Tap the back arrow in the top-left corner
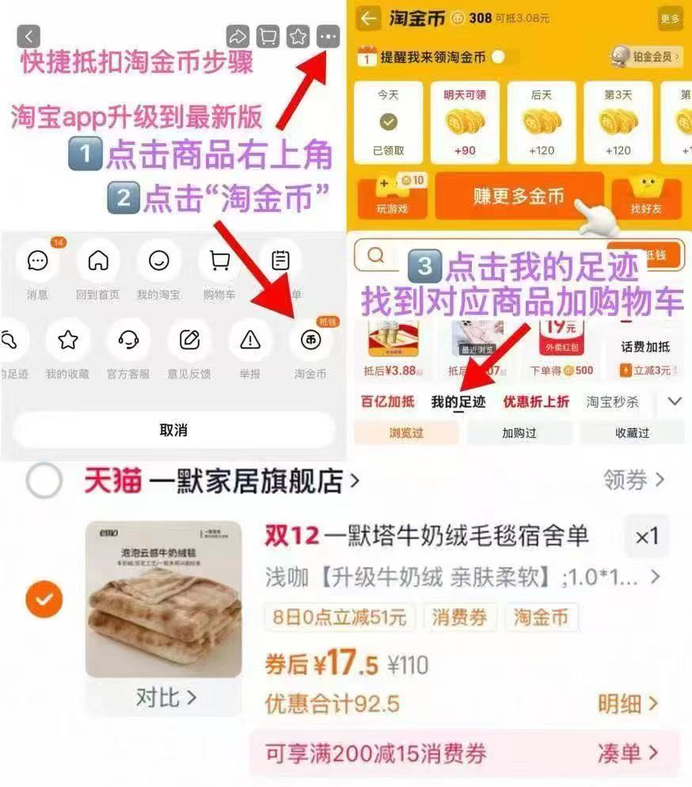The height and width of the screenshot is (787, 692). pyautogui.click(x=29, y=36)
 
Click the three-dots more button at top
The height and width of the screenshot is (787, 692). pyautogui.click(x=328, y=36)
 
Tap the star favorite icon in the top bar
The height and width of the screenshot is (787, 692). pyautogui.click(x=298, y=36)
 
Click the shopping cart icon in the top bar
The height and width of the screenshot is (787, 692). pyautogui.click(x=268, y=36)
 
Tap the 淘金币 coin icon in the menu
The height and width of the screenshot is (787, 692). pyautogui.click(x=310, y=340)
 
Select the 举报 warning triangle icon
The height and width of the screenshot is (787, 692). pyautogui.click(x=250, y=340)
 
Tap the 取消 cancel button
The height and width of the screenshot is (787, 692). pyautogui.click(x=173, y=430)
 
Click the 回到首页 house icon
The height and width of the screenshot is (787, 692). pyautogui.click(x=98, y=260)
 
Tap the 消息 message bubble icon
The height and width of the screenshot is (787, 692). pyautogui.click(x=37, y=260)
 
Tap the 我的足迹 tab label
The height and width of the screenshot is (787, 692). pyautogui.click(x=458, y=401)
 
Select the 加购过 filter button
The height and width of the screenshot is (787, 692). pyautogui.click(x=519, y=433)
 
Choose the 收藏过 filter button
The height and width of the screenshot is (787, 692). pyautogui.click(x=632, y=433)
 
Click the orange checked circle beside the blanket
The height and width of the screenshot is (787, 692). pyautogui.click(x=44, y=600)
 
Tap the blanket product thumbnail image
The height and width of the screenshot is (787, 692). pyautogui.click(x=163, y=599)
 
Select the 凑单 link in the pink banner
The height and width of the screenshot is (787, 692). pyautogui.click(x=628, y=752)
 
